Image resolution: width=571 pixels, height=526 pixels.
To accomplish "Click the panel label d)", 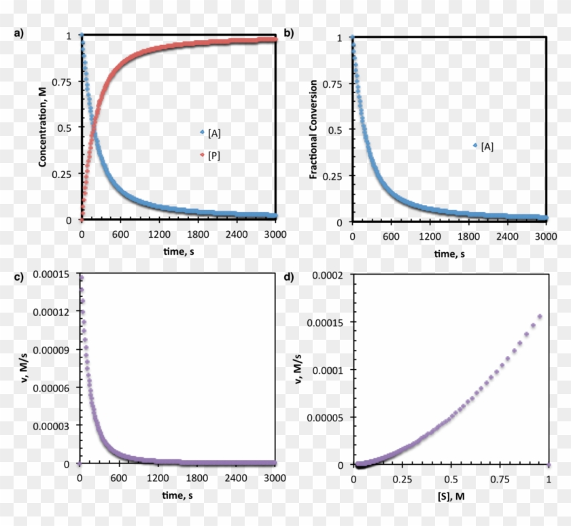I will pyautogui.click(x=289, y=277).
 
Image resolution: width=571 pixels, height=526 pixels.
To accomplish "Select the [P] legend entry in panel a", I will pyautogui.click(x=210, y=156).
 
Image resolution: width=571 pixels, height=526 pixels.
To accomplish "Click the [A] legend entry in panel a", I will pyautogui.click(x=210, y=132).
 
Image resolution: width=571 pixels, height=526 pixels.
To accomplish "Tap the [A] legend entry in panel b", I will pyautogui.click(x=483, y=145).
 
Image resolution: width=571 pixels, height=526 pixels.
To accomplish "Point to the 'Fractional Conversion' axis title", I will pyautogui.click(x=313, y=129).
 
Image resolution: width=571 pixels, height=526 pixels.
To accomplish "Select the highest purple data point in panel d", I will pyautogui.click(x=540, y=316).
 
